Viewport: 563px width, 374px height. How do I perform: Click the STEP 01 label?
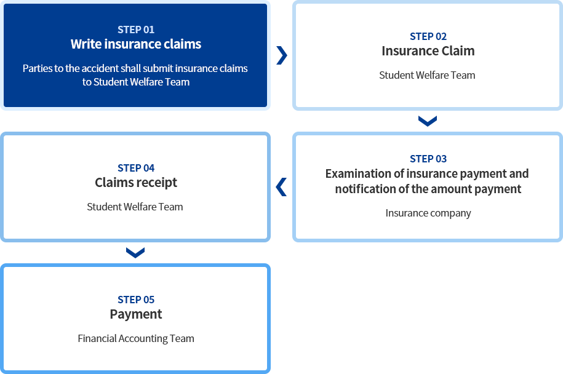(x=136, y=30)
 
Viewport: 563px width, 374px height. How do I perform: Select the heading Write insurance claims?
(x=136, y=44)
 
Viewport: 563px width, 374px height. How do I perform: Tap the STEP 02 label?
(x=428, y=36)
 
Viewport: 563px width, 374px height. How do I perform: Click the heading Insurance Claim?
(x=428, y=51)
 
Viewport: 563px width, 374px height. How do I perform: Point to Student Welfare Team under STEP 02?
(x=427, y=75)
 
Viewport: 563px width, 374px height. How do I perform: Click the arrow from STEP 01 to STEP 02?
(x=282, y=55)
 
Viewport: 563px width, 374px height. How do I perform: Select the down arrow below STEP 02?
(x=428, y=121)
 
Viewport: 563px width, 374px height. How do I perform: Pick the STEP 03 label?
(x=428, y=159)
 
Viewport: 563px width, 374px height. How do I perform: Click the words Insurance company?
(x=428, y=213)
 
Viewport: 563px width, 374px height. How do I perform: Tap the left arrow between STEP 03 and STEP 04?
(x=281, y=187)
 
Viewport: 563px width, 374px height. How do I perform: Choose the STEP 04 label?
(x=136, y=168)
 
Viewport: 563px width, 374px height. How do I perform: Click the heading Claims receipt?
(x=136, y=183)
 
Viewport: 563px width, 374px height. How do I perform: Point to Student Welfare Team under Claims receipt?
(x=135, y=207)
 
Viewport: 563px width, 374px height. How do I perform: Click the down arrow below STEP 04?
(x=135, y=253)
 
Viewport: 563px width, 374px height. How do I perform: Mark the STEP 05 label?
(x=136, y=300)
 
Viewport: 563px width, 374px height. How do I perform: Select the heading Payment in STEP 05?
(x=136, y=314)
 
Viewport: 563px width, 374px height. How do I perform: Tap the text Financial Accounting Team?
(x=136, y=338)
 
